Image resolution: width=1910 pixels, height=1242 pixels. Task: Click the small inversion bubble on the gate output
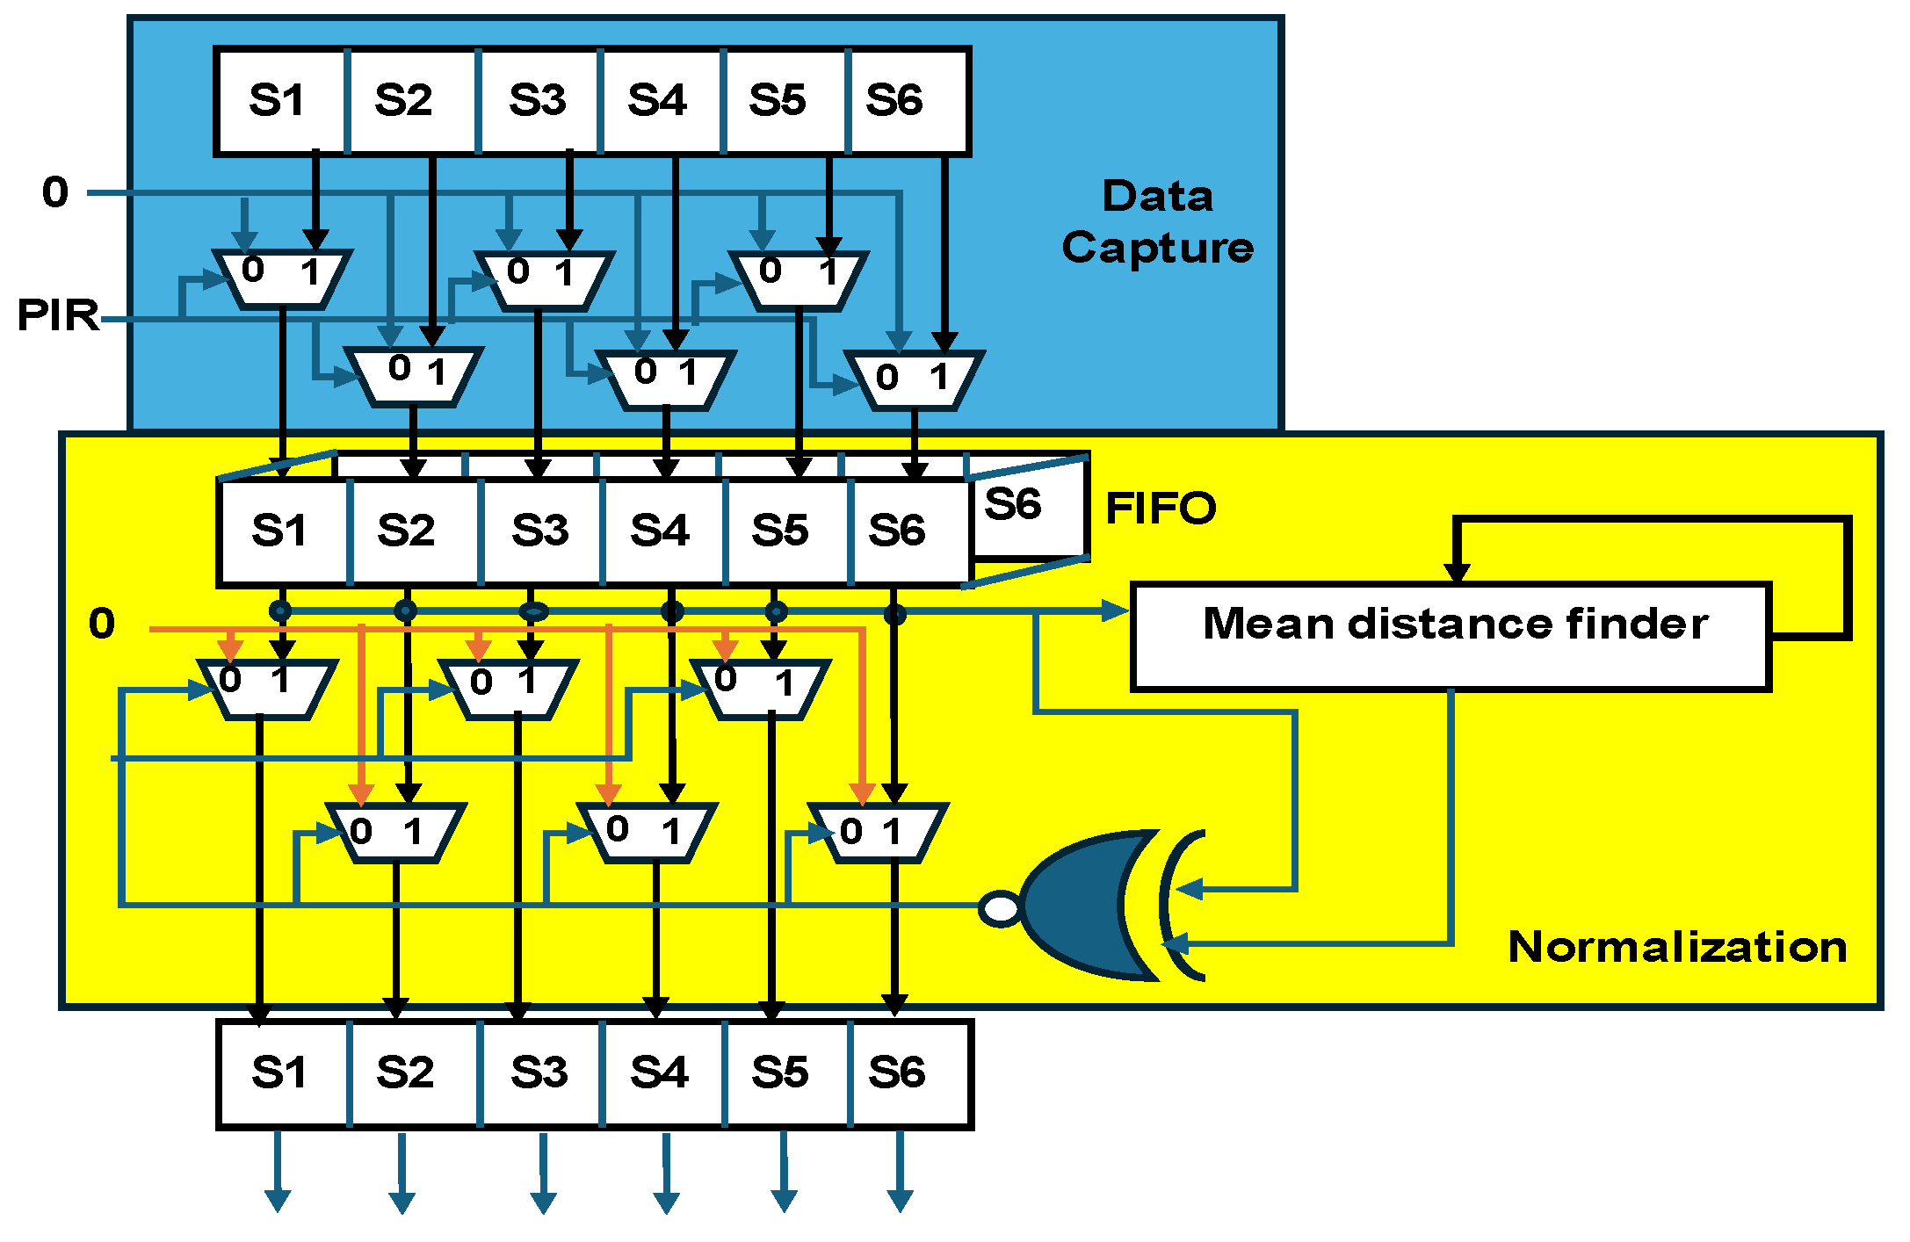point(1000,908)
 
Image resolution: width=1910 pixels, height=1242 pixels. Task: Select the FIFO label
point(1160,508)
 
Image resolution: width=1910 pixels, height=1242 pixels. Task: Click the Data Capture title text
point(1158,221)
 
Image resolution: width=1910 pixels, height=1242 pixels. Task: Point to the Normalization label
point(1676,947)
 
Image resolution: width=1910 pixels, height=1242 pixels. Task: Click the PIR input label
point(58,314)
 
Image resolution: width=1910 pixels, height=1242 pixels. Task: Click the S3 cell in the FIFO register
point(539,531)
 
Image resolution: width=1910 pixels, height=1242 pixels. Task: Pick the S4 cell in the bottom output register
point(661,1072)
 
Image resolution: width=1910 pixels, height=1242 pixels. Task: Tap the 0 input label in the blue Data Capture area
point(54,191)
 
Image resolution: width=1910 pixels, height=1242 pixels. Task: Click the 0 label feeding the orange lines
point(102,624)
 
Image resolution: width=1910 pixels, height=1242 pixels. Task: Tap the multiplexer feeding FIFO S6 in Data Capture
point(914,380)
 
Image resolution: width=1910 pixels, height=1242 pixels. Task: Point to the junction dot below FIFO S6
point(894,614)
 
